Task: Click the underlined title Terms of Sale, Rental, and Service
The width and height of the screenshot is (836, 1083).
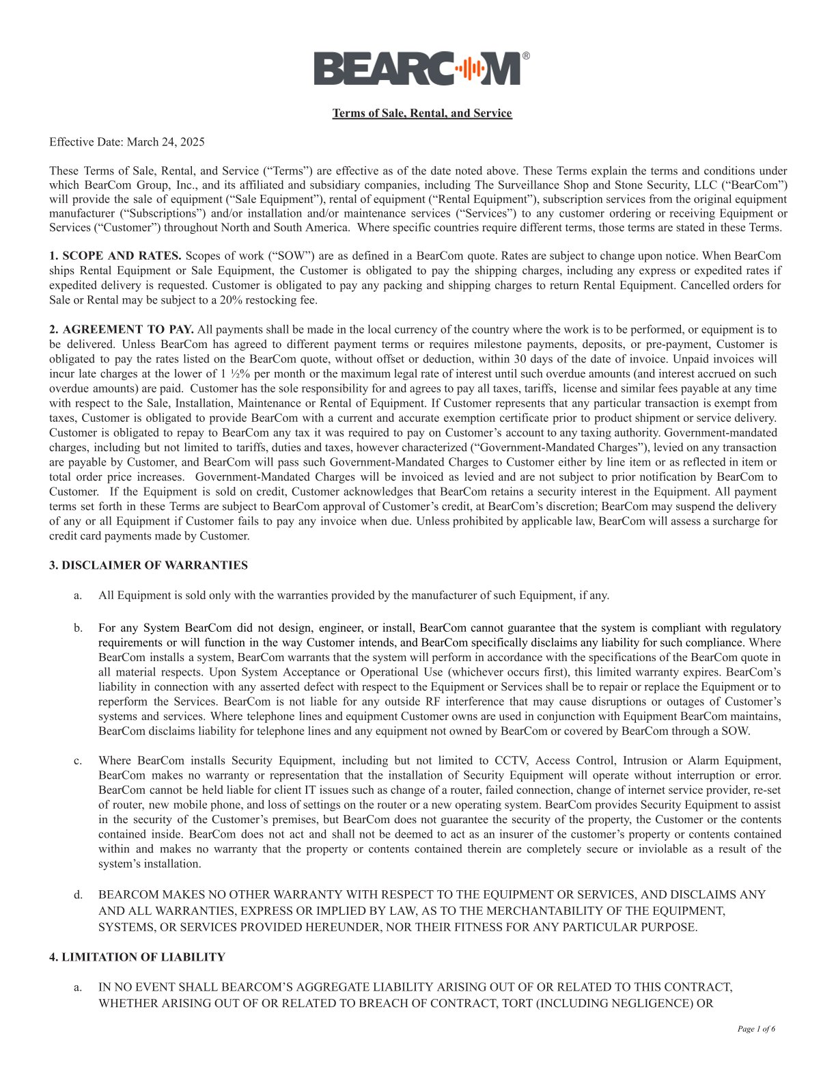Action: [x=421, y=113]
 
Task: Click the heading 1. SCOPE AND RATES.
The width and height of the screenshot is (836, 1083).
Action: [x=115, y=256]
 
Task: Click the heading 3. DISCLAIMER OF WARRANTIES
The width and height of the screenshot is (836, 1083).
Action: [x=148, y=565]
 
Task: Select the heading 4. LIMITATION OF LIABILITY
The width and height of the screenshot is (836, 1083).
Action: [x=137, y=957]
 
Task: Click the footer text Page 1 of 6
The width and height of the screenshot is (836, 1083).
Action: [x=756, y=1029]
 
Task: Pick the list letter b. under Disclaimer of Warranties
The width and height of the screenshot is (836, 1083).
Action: [x=78, y=628]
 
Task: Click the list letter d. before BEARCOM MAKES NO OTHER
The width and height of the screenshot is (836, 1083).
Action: [x=78, y=894]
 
